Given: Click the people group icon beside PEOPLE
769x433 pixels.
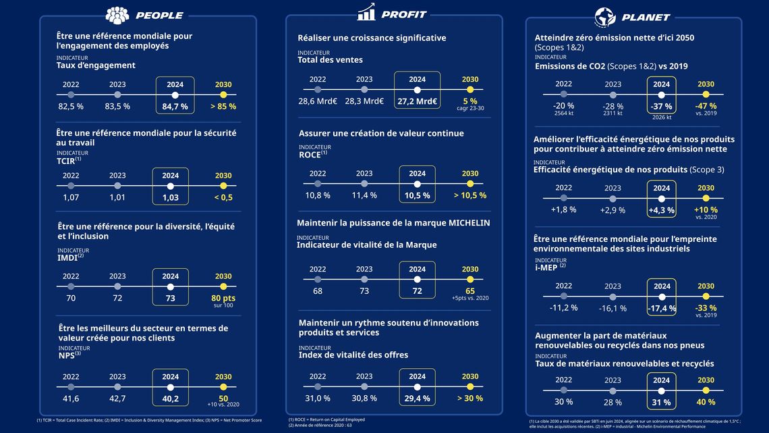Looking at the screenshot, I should click(117, 16).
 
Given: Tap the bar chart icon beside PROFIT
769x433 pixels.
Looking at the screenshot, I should click(366, 12).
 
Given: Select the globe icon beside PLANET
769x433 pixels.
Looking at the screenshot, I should click(605, 17).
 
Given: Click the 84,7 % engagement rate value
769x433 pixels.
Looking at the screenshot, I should click(175, 107).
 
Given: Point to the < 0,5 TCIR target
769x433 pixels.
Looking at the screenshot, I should click(223, 197).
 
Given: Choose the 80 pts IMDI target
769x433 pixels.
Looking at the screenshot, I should click(223, 298).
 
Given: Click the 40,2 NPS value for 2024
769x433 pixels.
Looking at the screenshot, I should click(170, 399).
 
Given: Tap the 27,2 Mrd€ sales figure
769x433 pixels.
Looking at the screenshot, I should click(417, 101).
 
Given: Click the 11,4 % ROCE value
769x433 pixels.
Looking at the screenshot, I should click(364, 195).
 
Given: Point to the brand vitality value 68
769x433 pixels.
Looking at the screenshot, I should click(318, 291).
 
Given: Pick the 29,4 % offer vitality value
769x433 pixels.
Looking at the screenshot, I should click(417, 399).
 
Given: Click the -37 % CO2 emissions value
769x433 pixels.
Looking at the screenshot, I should click(661, 107).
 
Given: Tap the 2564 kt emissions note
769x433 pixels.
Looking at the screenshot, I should click(564, 113).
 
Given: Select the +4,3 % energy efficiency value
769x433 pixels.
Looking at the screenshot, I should click(661, 210).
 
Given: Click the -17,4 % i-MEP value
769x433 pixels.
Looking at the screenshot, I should click(662, 308).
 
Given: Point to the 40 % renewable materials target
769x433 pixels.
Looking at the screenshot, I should click(706, 402).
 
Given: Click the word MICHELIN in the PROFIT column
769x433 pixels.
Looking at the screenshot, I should click(465, 222).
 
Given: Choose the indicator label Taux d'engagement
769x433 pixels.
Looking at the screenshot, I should click(96, 66).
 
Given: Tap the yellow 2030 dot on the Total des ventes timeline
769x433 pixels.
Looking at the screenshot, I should click(470, 90).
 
